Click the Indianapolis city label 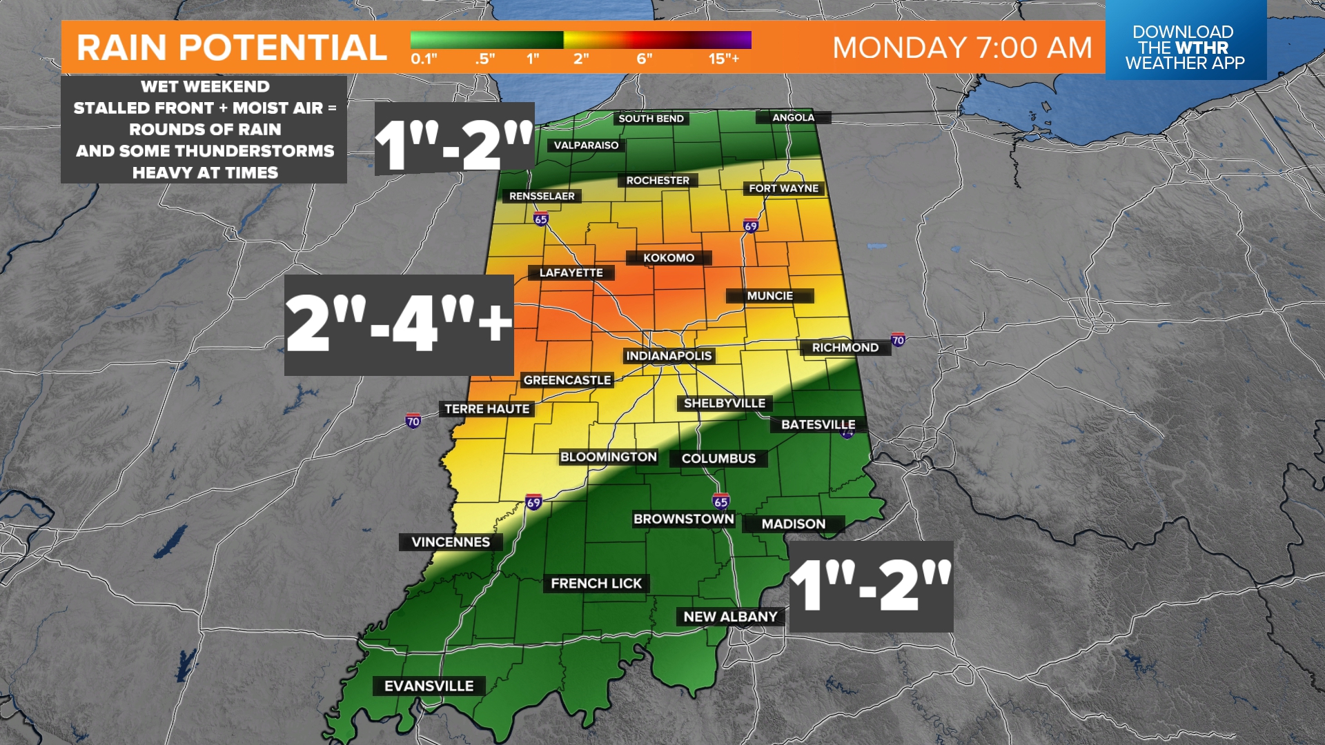coord(669,356)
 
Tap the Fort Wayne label coord(783,188)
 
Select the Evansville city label coord(429,686)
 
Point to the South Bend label coord(651,119)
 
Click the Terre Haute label coord(487,409)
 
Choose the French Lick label coord(596,584)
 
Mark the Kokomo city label coord(669,258)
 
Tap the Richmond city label coord(845,348)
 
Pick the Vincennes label coord(451,542)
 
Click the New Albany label coord(730,617)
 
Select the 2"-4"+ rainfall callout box coord(399,325)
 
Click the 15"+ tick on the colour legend coord(723,59)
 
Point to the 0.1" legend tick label coord(424,59)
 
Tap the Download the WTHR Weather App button coord(1185,47)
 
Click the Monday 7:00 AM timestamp coord(962,48)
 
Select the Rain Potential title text coord(231,48)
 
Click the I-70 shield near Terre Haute coord(413,421)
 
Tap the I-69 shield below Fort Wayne coord(751,226)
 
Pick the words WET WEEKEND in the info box coord(205,87)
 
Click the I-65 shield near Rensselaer coord(540,219)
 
